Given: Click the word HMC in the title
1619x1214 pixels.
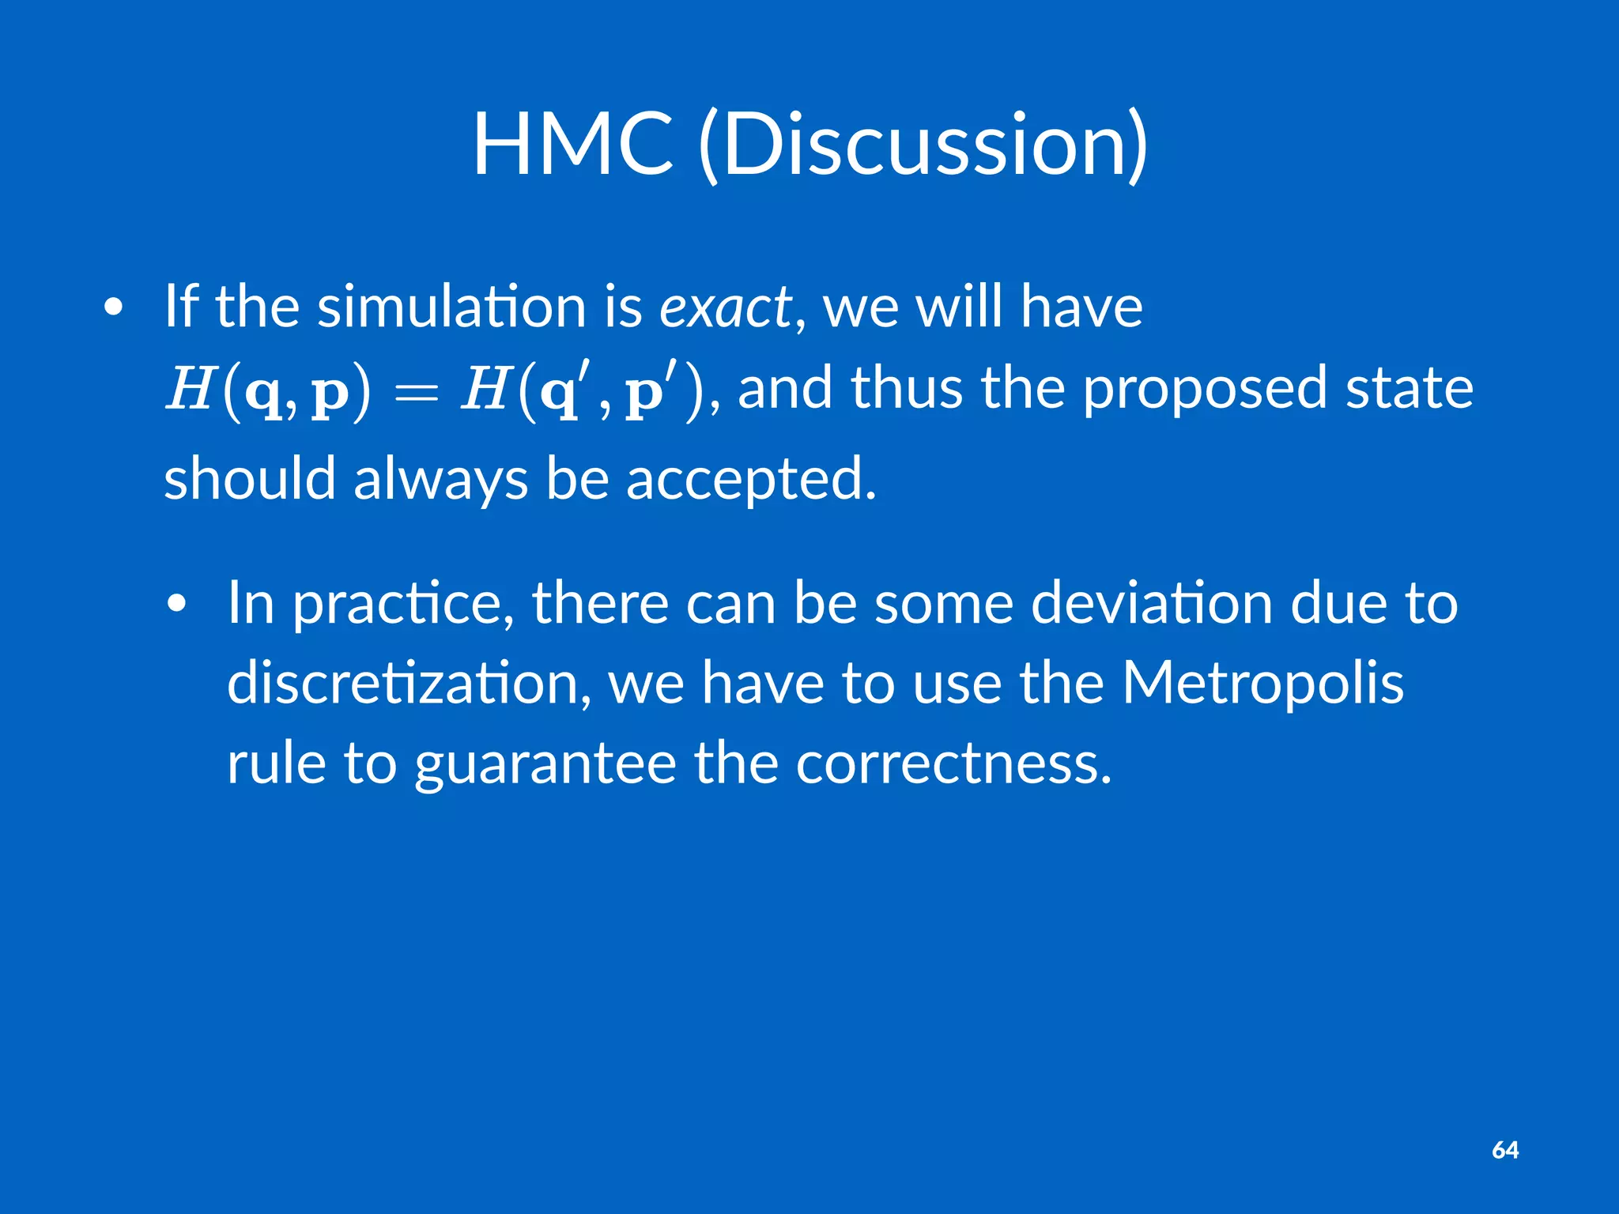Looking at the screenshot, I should pyautogui.click(x=573, y=145).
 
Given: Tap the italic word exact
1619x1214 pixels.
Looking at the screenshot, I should pyautogui.click(x=725, y=307).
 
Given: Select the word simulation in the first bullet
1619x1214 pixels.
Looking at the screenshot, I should pyautogui.click(x=451, y=307).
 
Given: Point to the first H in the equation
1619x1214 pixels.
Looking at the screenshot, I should pyautogui.click(x=190, y=390).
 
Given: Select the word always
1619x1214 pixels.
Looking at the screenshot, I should pyautogui.click(x=440, y=479).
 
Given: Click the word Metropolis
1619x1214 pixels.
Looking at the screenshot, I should pyautogui.click(x=1262, y=684).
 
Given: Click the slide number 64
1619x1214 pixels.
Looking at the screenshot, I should pyautogui.click(x=1505, y=1150).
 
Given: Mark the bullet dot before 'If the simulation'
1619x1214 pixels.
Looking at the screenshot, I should pyautogui.click(x=113, y=308).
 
